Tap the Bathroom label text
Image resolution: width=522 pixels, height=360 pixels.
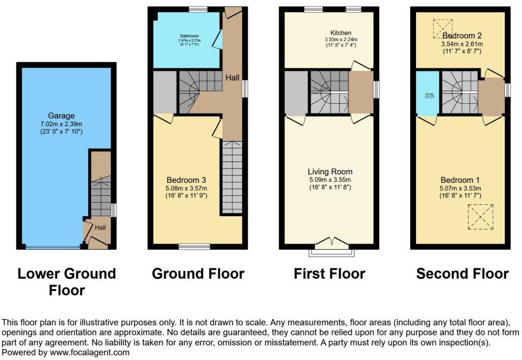coord(188,34)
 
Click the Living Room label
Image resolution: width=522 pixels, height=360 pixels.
coord(329,172)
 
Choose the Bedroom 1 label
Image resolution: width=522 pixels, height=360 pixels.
coord(460,180)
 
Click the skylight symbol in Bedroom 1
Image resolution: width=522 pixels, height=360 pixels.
coord(480,217)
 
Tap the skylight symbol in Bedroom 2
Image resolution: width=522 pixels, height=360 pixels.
coord(442,26)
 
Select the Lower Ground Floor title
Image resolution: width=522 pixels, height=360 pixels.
coord(67,282)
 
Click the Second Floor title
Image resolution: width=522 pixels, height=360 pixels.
coord(462,274)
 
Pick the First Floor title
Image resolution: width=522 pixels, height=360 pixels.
coord(329,274)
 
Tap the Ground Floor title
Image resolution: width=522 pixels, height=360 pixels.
coord(198,274)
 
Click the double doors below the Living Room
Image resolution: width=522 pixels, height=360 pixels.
coord(329,244)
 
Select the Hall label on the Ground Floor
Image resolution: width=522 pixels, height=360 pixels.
coord(232,78)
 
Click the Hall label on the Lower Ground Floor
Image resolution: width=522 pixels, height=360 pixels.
coord(101,227)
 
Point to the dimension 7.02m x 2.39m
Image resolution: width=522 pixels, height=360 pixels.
coord(62,124)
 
